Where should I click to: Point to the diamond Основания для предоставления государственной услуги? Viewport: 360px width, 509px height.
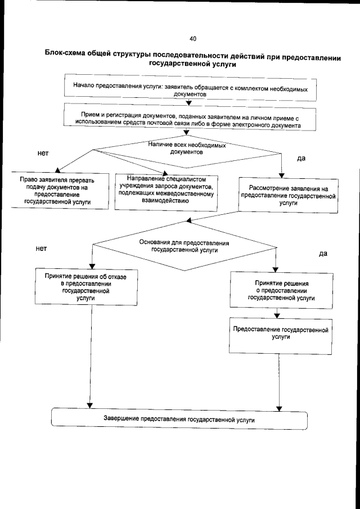click(184, 246)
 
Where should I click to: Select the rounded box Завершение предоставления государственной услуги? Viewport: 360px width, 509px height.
click(179, 420)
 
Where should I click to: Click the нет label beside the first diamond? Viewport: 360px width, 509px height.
click(43, 152)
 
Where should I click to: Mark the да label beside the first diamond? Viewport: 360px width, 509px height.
click(301, 159)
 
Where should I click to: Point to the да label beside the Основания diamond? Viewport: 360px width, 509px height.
click(323, 254)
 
